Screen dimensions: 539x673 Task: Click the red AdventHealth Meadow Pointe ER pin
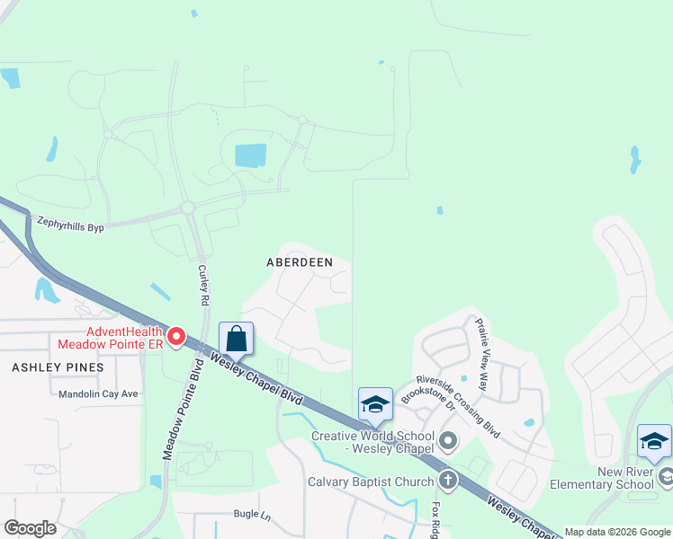coord(176,338)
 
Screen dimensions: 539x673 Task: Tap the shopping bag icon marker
coord(236,340)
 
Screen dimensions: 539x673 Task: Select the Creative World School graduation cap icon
coord(375,405)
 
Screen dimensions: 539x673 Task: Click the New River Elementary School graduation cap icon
coord(654,441)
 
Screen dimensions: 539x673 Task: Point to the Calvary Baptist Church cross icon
coord(447,482)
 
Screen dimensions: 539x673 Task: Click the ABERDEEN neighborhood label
coord(300,262)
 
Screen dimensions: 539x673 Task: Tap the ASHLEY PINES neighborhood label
coord(58,367)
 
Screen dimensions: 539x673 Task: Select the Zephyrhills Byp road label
coord(70,224)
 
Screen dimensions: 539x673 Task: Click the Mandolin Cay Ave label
coord(98,393)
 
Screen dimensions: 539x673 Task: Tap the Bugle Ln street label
coord(252,516)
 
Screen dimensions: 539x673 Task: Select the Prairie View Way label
coord(481,354)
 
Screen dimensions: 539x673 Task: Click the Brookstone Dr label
coord(426,392)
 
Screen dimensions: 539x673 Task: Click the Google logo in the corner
coord(30,528)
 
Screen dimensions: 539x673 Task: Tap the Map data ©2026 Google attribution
coord(617,532)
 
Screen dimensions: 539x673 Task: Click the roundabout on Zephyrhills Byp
coord(188,208)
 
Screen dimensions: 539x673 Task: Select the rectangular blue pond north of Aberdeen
coord(251,155)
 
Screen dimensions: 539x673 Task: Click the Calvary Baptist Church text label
coord(372,482)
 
